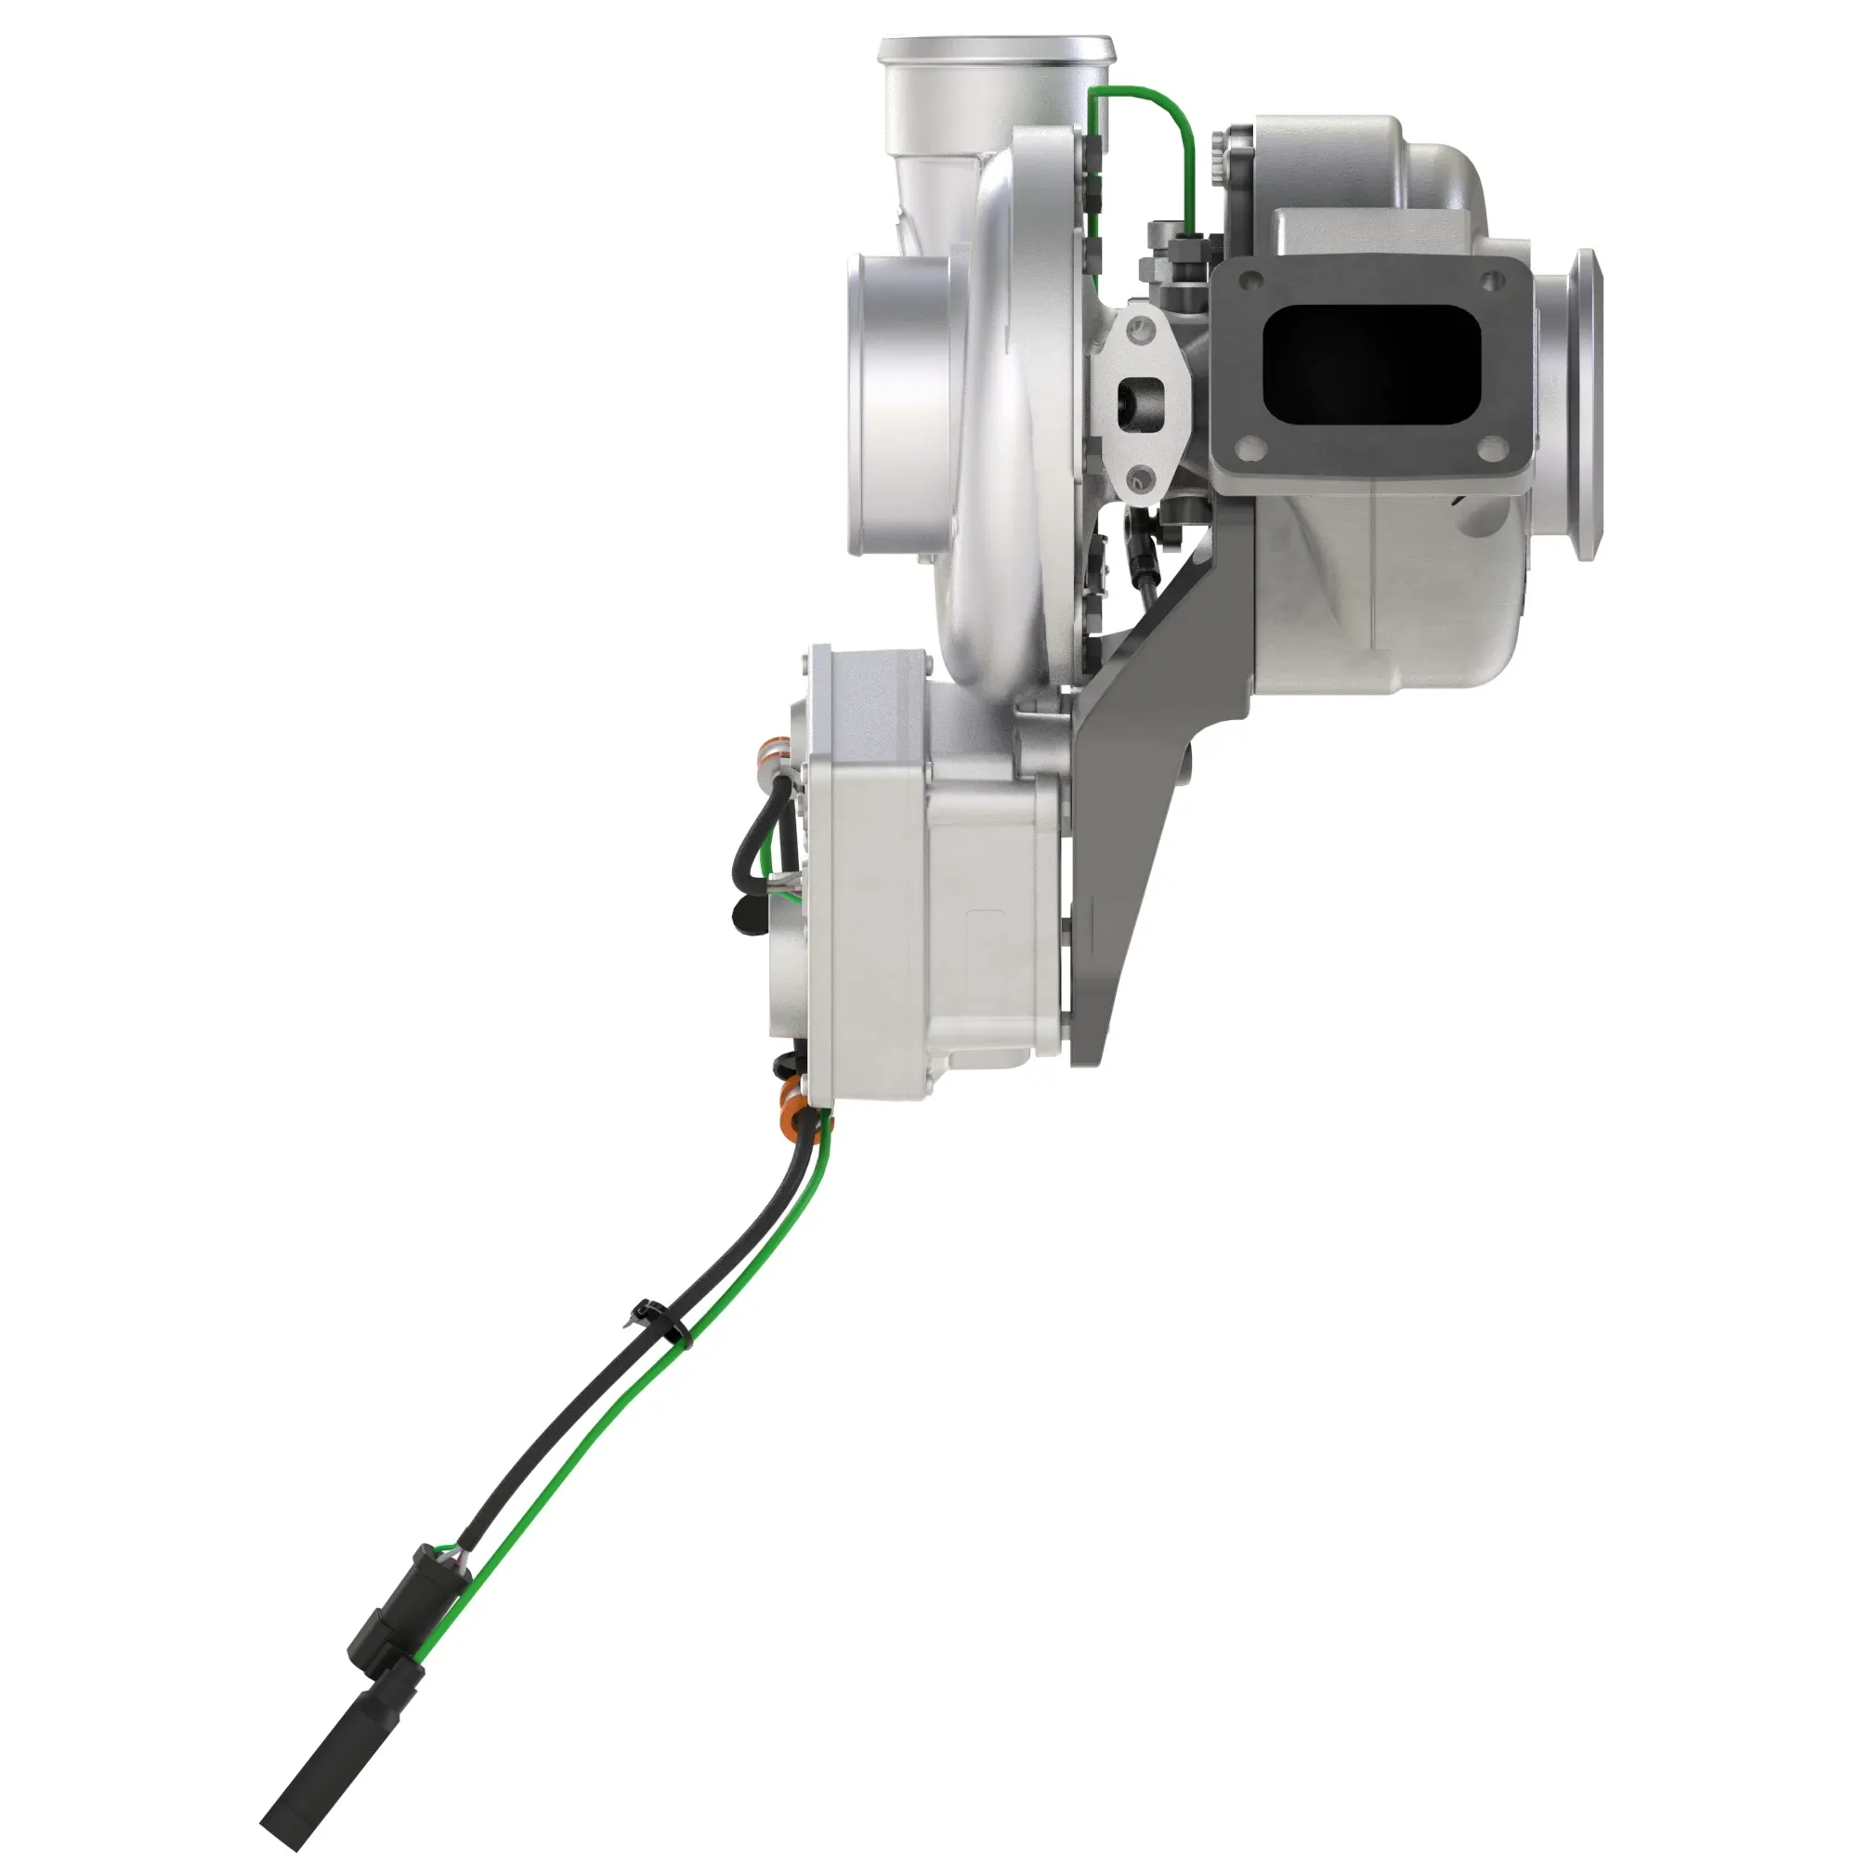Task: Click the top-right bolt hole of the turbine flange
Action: [x=1491, y=280]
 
